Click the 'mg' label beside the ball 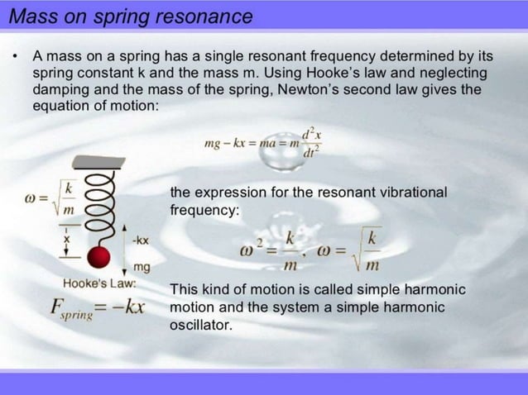coord(142,267)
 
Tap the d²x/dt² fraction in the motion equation coord(311,142)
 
